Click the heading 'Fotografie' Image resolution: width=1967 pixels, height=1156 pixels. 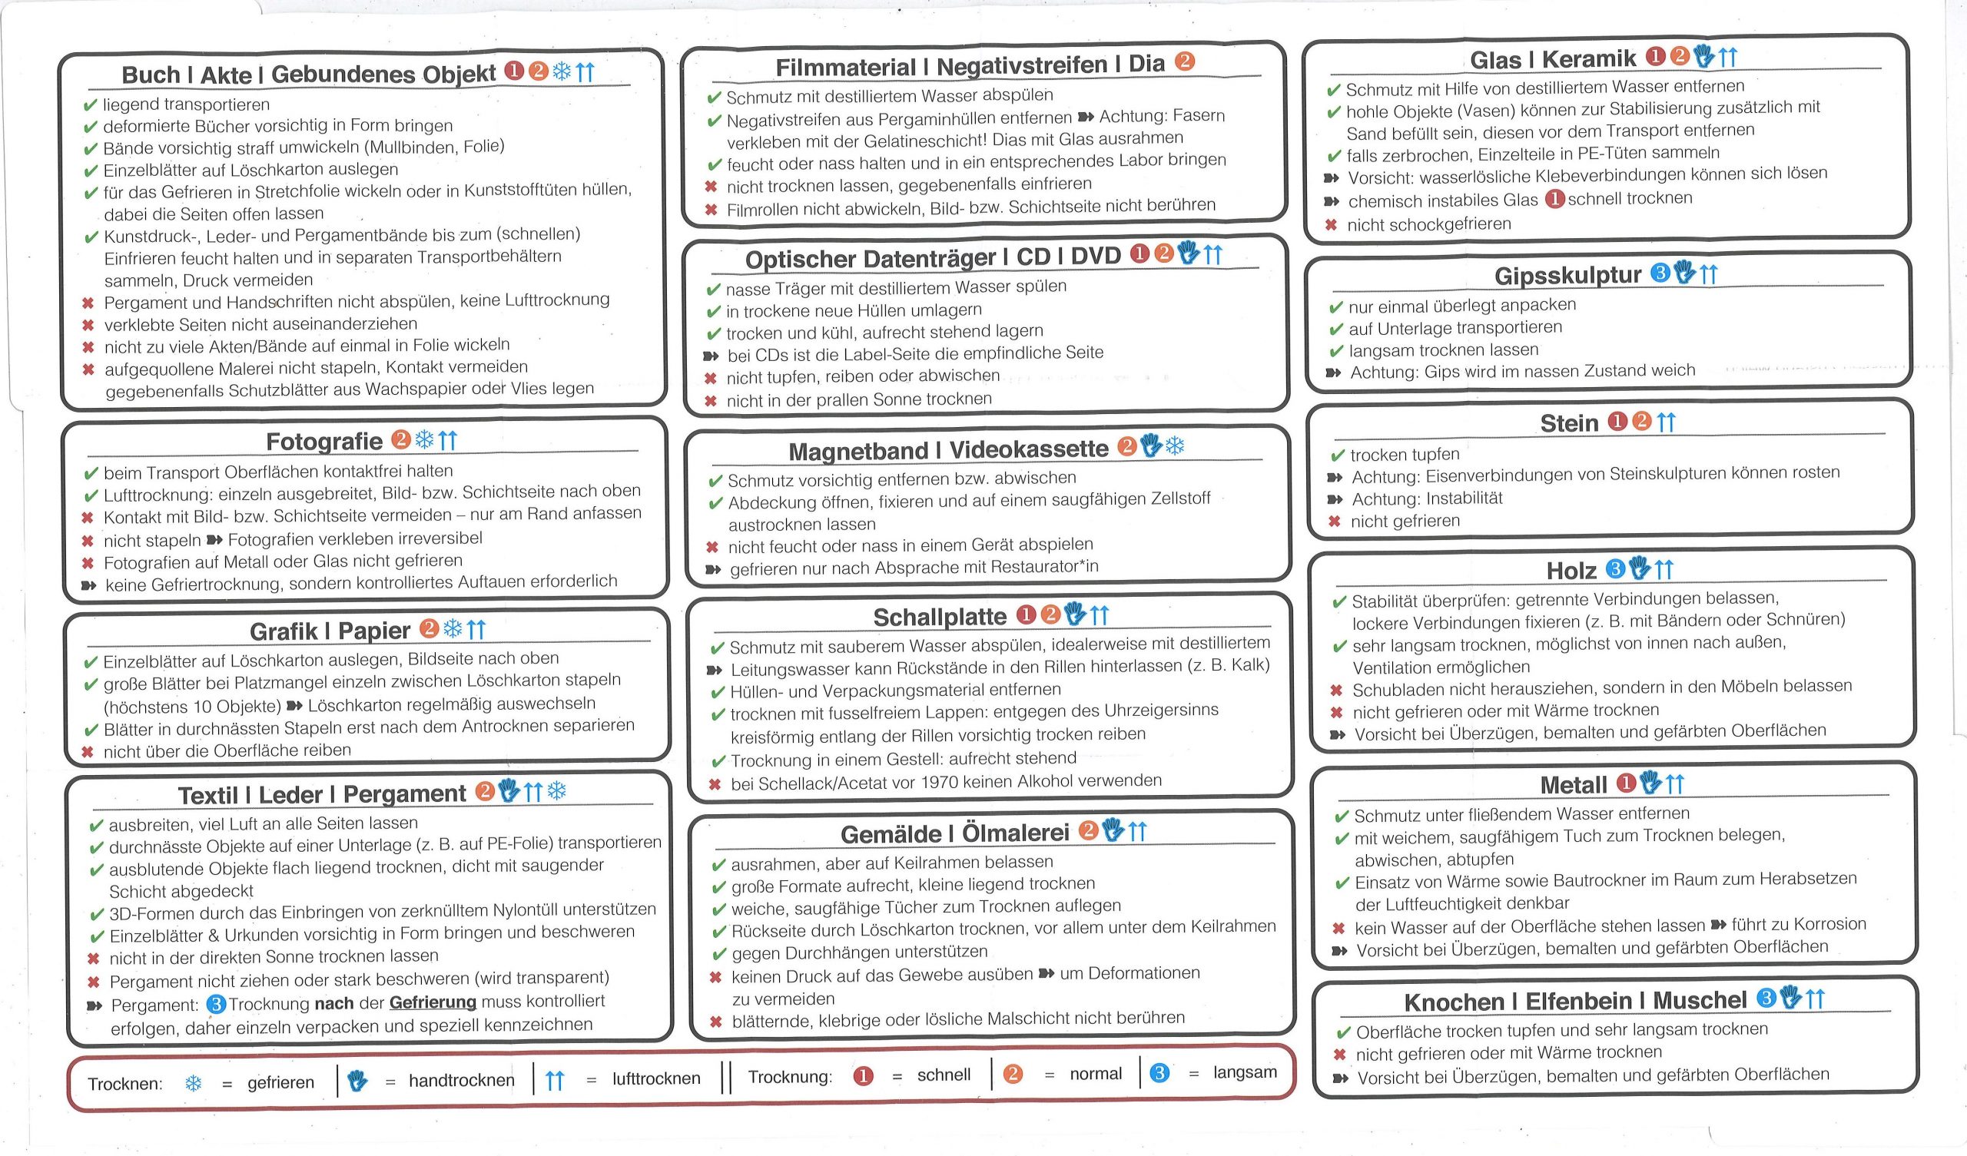[x=324, y=442]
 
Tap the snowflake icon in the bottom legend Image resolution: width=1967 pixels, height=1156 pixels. [x=193, y=1083]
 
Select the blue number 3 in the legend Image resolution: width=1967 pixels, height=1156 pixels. [x=1159, y=1073]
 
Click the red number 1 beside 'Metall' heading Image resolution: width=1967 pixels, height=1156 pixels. [x=1626, y=783]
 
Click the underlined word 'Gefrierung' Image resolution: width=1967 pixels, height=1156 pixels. [x=433, y=1002]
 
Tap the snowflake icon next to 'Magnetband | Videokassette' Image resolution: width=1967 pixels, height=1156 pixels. [x=1174, y=446]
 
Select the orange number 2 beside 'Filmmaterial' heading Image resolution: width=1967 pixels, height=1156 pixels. [x=1184, y=61]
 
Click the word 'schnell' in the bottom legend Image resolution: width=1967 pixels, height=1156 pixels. [x=944, y=1075]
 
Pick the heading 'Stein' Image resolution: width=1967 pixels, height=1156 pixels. [x=1569, y=423]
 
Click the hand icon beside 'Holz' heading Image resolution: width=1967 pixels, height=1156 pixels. [x=1639, y=568]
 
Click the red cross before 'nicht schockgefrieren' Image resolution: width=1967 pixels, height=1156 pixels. [x=1331, y=226]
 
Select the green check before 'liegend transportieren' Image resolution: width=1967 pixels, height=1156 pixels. [x=91, y=105]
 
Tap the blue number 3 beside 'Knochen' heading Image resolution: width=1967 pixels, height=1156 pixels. [x=1766, y=998]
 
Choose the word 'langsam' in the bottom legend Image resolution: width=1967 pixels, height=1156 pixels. [x=1244, y=1072]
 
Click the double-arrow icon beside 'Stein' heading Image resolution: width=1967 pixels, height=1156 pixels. [x=1666, y=422]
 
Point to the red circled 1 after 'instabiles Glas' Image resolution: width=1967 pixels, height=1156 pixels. [x=1555, y=199]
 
